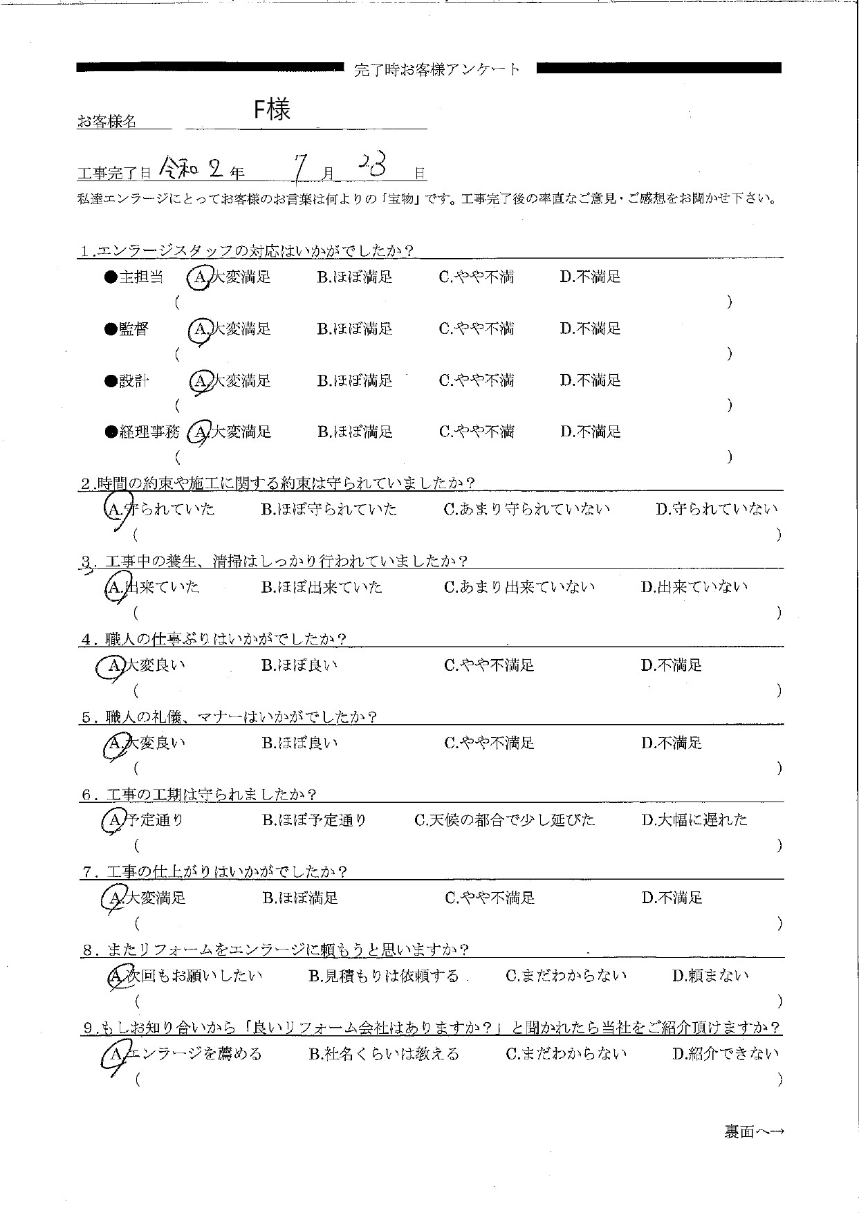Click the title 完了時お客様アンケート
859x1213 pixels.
pyautogui.click(x=436, y=69)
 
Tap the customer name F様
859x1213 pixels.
pyautogui.click(x=272, y=110)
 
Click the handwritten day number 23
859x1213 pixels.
pyautogui.click(x=376, y=165)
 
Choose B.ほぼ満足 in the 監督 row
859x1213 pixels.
pyautogui.click(x=355, y=329)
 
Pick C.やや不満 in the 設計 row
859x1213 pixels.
pyautogui.click(x=477, y=380)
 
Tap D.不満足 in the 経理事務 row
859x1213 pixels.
pyautogui.click(x=590, y=432)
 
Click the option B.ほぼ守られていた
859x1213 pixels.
pyautogui.click(x=329, y=510)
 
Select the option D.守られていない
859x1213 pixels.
pyautogui.click(x=717, y=510)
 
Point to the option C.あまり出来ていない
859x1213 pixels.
pyautogui.click(x=519, y=587)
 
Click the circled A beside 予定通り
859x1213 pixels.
pyautogui.click(x=113, y=821)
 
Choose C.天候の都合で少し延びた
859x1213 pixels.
pyautogui.click(x=504, y=820)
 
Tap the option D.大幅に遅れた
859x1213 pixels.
pyautogui.click(x=694, y=820)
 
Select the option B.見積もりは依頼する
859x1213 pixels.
pyautogui.click(x=383, y=976)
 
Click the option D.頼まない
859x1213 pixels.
pyautogui.click(x=710, y=976)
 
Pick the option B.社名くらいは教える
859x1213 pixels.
pyautogui.click(x=383, y=1054)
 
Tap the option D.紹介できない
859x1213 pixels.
pyautogui.click(x=725, y=1054)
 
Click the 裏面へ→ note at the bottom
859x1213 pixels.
pyautogui.click(x=753, y=1131)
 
